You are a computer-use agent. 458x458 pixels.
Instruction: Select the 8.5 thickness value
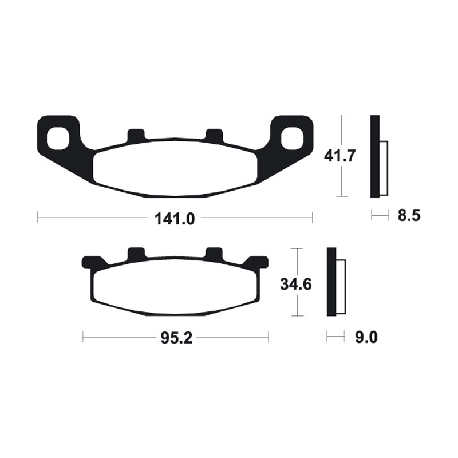[409, 216]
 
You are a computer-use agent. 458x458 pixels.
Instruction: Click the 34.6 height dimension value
[295, 283]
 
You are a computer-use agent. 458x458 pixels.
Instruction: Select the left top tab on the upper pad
[136, 136]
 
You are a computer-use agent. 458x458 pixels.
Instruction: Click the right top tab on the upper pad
[214, 136]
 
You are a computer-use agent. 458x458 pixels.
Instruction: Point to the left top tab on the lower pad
[136, 253]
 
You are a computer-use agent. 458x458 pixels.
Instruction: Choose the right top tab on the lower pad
[214, 253]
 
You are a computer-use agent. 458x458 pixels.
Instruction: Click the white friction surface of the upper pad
[175, 167]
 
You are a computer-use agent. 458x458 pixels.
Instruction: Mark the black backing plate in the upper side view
[374, 156]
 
